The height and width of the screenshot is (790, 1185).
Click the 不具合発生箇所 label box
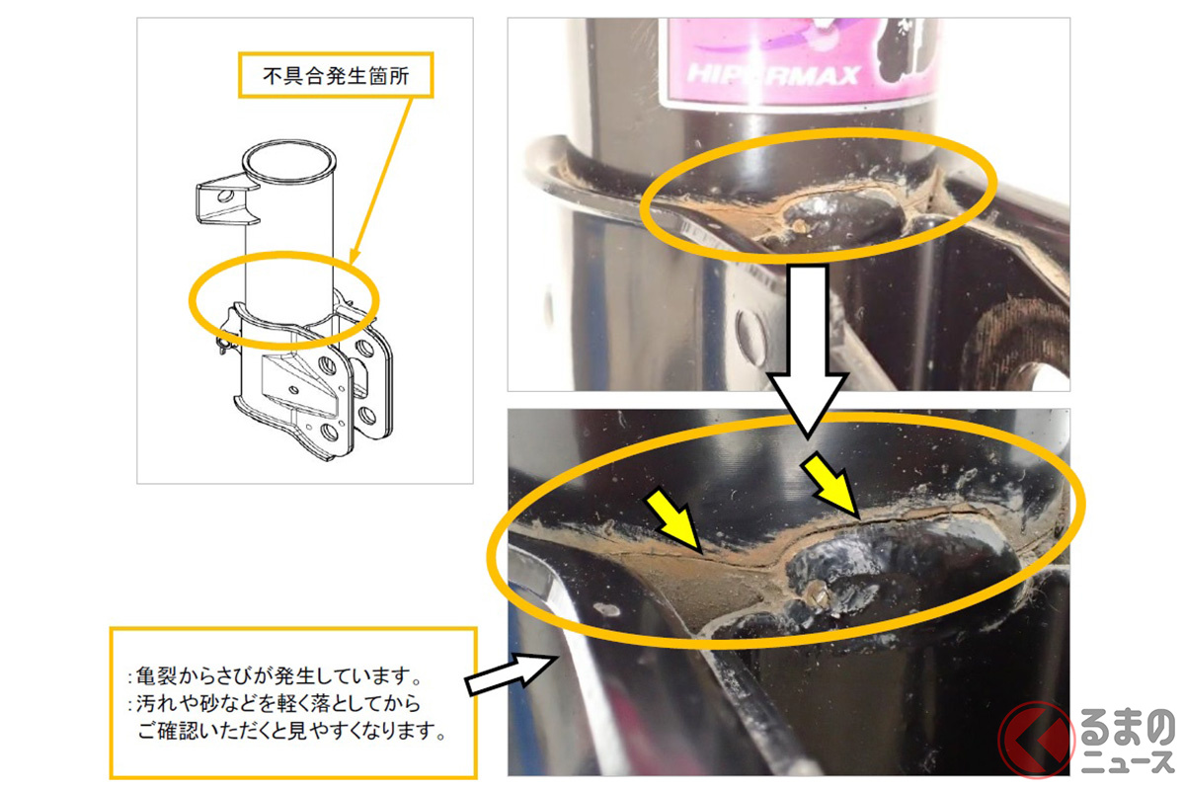[336, 74]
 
